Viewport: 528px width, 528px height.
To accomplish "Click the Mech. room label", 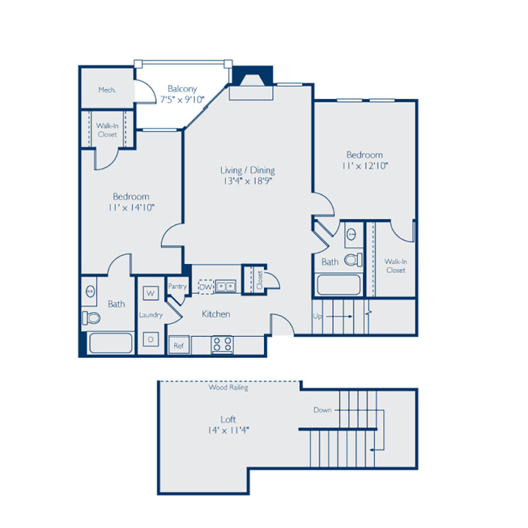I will [106, 90].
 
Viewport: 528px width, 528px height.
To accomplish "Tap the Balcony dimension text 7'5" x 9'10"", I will [182, 99].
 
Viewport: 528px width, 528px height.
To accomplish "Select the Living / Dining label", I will [247, 170].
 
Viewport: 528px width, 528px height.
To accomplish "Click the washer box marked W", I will [150, 292].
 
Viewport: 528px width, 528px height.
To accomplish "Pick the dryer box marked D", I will [150, 339].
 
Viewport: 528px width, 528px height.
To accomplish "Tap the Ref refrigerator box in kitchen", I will [178, 346].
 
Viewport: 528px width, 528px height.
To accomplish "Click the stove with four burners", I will [222, 344].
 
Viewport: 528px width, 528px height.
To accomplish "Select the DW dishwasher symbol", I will [205, 287].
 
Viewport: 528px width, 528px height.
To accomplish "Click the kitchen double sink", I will [225, 287].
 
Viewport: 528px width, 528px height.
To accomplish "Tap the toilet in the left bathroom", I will [91, 318].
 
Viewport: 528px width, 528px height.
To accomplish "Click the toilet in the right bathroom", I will [353, 259].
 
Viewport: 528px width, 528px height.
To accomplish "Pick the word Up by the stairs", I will [317, 316].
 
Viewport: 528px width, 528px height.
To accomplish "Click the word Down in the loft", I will [322, 410].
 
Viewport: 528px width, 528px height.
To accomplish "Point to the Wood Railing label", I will [228, 388].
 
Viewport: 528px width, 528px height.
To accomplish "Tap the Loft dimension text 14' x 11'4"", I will [228, 430].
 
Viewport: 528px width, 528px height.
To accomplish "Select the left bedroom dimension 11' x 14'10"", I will [131, 207].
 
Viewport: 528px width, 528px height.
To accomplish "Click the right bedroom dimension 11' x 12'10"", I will [364, 165].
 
